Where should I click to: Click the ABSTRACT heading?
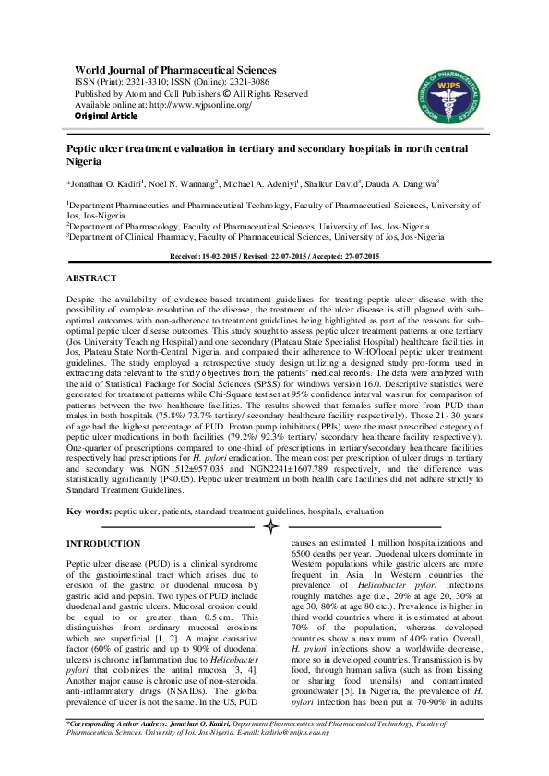click(x=91, y=277)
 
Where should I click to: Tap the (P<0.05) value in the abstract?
click(x=145, y=480)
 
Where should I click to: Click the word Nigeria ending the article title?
click(x=85, y=160)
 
